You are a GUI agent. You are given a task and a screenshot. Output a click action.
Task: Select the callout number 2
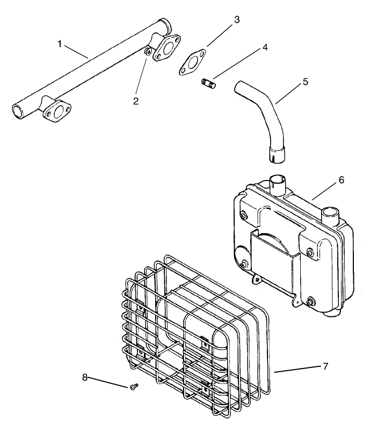click(x=136, y=100)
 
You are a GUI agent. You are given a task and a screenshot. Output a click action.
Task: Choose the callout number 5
click(x=305, y=82)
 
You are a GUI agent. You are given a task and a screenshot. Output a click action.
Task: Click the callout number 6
click(x=341, y=180)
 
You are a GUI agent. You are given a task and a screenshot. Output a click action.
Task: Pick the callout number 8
click(x=84, y=378)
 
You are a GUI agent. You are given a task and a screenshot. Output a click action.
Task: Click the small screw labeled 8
click(x=133, y=386)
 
